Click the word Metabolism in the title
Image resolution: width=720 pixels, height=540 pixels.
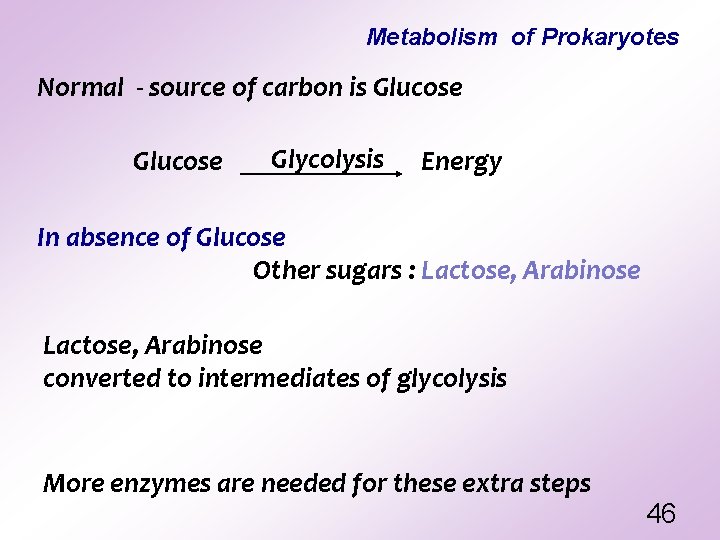click(x=431, y=38)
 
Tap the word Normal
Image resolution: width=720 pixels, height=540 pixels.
click(x=79, y=88)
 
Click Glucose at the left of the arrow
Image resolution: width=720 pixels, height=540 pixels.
click(x=178, y=162)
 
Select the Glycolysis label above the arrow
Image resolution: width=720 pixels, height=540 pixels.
click(x=328, y=159)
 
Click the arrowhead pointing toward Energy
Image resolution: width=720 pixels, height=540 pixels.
click(x=399, y=174)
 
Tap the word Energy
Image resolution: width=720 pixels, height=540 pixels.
click(x=461, y=162)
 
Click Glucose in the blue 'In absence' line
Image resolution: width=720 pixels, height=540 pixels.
click(x=241, y=238)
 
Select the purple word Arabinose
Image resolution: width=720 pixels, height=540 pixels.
click(x=581, y=271)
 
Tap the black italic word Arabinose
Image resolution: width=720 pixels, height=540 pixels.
click(x=203, y=346)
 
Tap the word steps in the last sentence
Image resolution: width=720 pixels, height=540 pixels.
click(x=562, y=485)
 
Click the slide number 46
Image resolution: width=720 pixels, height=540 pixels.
click(x=661, y=514)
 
